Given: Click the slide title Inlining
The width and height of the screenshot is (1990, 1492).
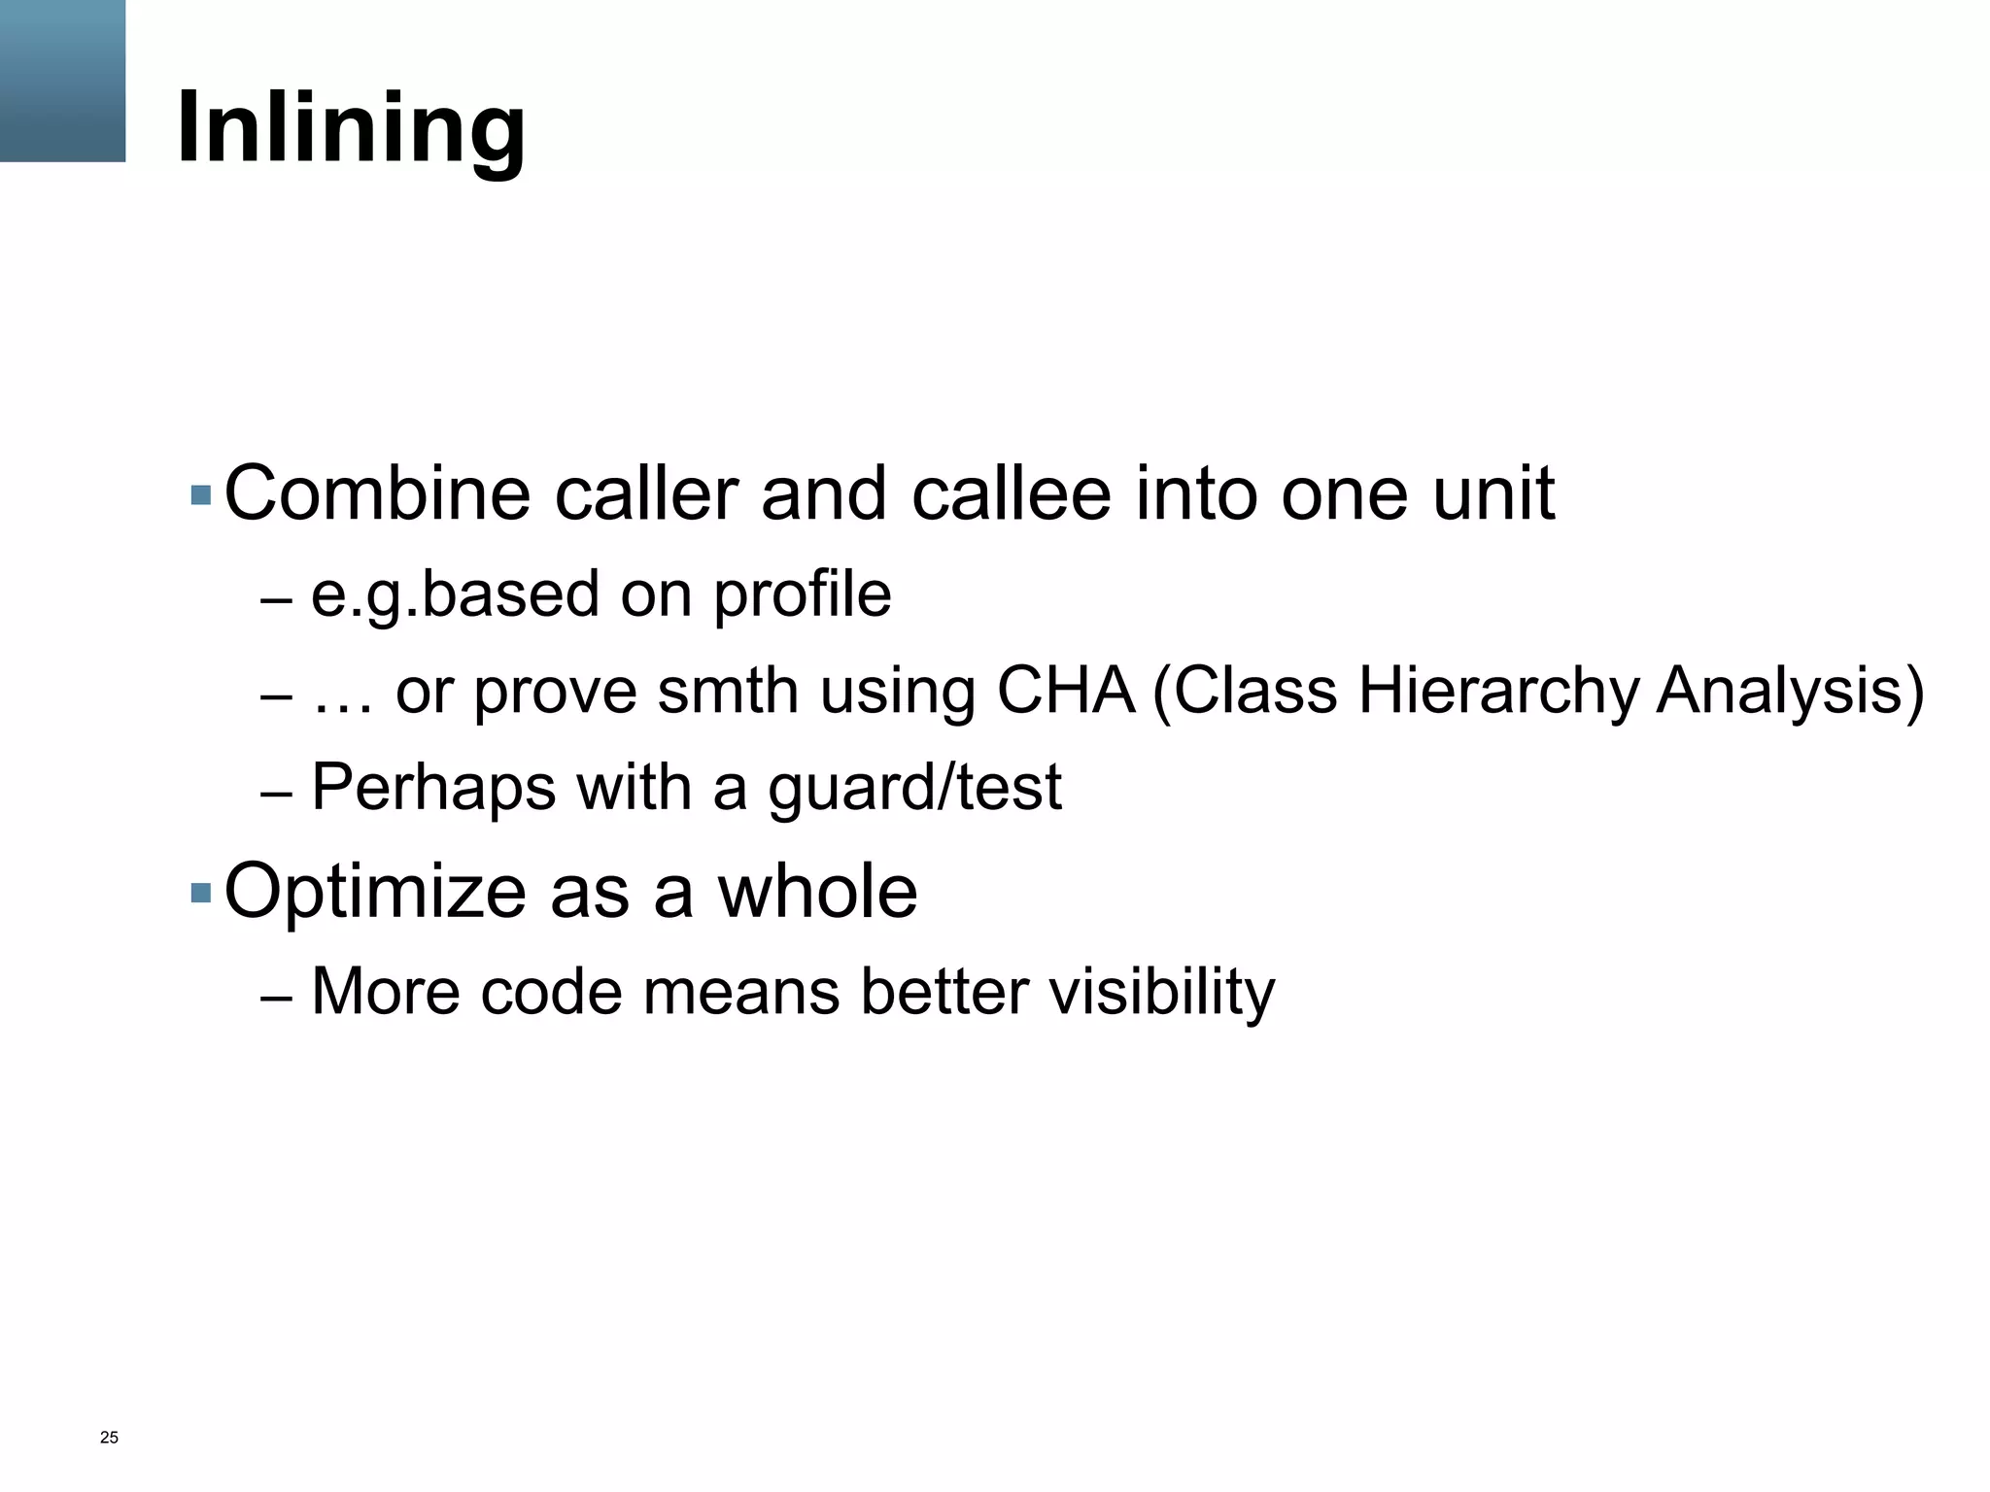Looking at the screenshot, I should click(351, 127).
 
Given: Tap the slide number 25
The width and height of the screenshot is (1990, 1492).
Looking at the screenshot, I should click(109, 1438).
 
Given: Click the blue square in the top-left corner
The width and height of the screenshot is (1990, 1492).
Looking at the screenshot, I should click(62, 80).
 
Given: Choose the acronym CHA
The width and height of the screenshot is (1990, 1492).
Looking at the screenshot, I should click(1066, 691).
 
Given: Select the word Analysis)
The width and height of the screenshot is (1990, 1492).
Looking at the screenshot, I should click(1790, 693).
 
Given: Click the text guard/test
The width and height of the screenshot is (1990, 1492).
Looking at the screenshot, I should click(914, 788).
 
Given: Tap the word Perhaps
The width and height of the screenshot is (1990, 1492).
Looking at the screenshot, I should click(433, 788).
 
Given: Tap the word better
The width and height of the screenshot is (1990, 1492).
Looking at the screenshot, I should click(943, 993).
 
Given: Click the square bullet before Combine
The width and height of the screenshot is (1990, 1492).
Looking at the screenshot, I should click(201, 495).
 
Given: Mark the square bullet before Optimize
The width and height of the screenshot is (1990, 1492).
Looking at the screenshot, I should click(201, 892).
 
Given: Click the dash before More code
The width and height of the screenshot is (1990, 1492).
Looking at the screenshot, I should click(276, 997).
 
